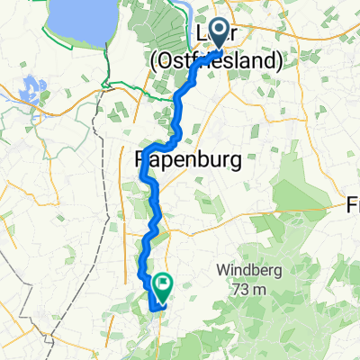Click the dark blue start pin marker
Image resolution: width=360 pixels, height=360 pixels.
[219, 35]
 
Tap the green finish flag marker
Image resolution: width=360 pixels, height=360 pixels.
[164, 286]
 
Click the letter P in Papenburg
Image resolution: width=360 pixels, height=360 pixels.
[143, 160]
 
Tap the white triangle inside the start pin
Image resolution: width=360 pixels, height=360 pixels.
[219, 31]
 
